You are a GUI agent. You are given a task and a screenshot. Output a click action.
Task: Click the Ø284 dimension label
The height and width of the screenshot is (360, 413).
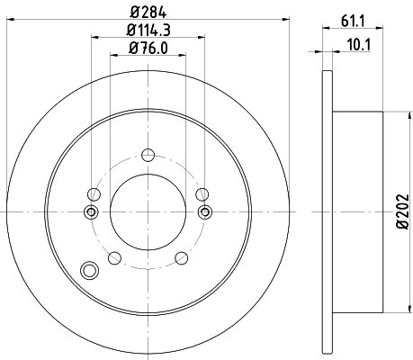(x=148, y=12)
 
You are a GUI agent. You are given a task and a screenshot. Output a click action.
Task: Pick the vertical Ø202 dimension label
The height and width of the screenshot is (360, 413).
(x=401, y=209)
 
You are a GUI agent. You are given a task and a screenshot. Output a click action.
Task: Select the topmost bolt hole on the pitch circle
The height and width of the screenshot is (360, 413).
(x=148, y=152)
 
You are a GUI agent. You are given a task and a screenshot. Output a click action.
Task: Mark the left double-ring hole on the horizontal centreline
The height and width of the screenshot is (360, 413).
(x=90, y=211)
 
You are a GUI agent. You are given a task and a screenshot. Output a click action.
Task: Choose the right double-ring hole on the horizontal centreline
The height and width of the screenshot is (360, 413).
(x=205, y=211)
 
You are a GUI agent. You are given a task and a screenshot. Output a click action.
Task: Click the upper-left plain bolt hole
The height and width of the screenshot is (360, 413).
(x=93, y=193)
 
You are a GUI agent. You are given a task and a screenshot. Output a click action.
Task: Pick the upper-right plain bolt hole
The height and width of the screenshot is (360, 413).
(x=202, y=193)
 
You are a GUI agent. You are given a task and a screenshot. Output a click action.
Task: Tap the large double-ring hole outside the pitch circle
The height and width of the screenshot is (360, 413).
(x=88, y=269)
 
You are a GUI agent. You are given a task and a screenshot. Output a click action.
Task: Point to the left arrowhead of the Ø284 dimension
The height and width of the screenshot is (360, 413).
(x=9, y=20)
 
